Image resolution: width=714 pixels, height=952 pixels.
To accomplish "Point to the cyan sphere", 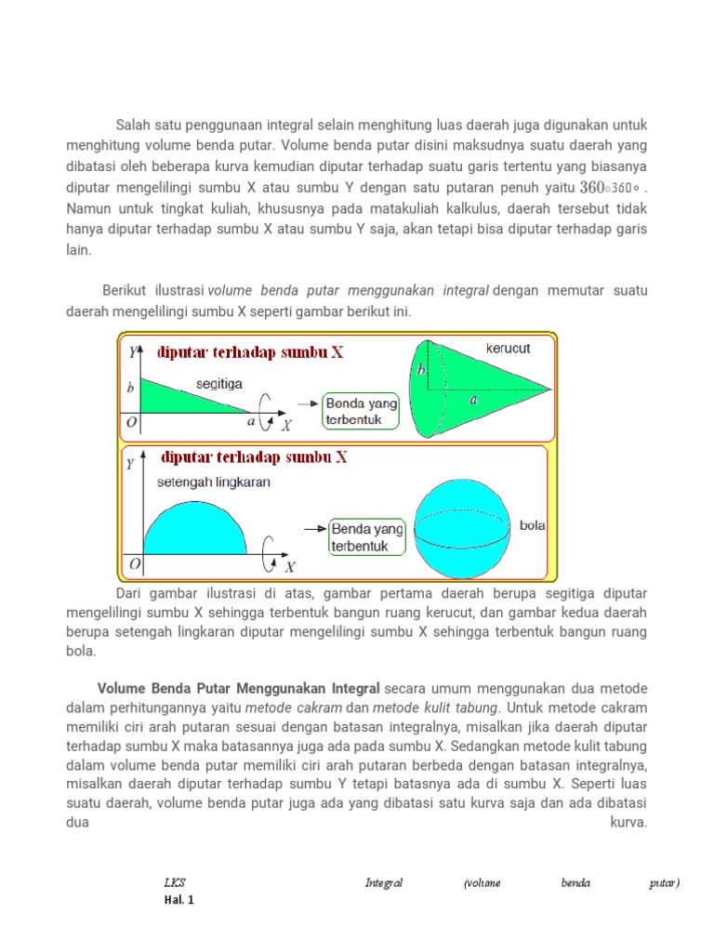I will (x=462, y=526).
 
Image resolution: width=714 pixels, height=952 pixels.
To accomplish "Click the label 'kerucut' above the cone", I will (x=508, y=349).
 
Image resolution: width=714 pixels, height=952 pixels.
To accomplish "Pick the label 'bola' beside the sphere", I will (x=533, y=525).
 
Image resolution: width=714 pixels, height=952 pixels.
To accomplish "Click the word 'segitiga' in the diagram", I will (x=220, y=383).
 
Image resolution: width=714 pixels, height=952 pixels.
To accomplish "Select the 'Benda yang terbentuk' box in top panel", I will (x=362, y=411).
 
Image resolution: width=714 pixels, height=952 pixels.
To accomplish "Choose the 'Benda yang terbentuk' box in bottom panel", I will (x=367, y=537).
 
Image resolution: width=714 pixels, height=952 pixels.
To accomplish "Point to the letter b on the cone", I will (x=421, y=370).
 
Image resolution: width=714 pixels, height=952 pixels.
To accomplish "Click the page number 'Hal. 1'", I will (x=178, y=900).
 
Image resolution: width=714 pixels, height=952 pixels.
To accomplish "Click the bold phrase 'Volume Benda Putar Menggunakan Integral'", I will (x=239, y=689).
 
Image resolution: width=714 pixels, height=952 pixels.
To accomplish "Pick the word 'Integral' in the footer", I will (x=383, y=883).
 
